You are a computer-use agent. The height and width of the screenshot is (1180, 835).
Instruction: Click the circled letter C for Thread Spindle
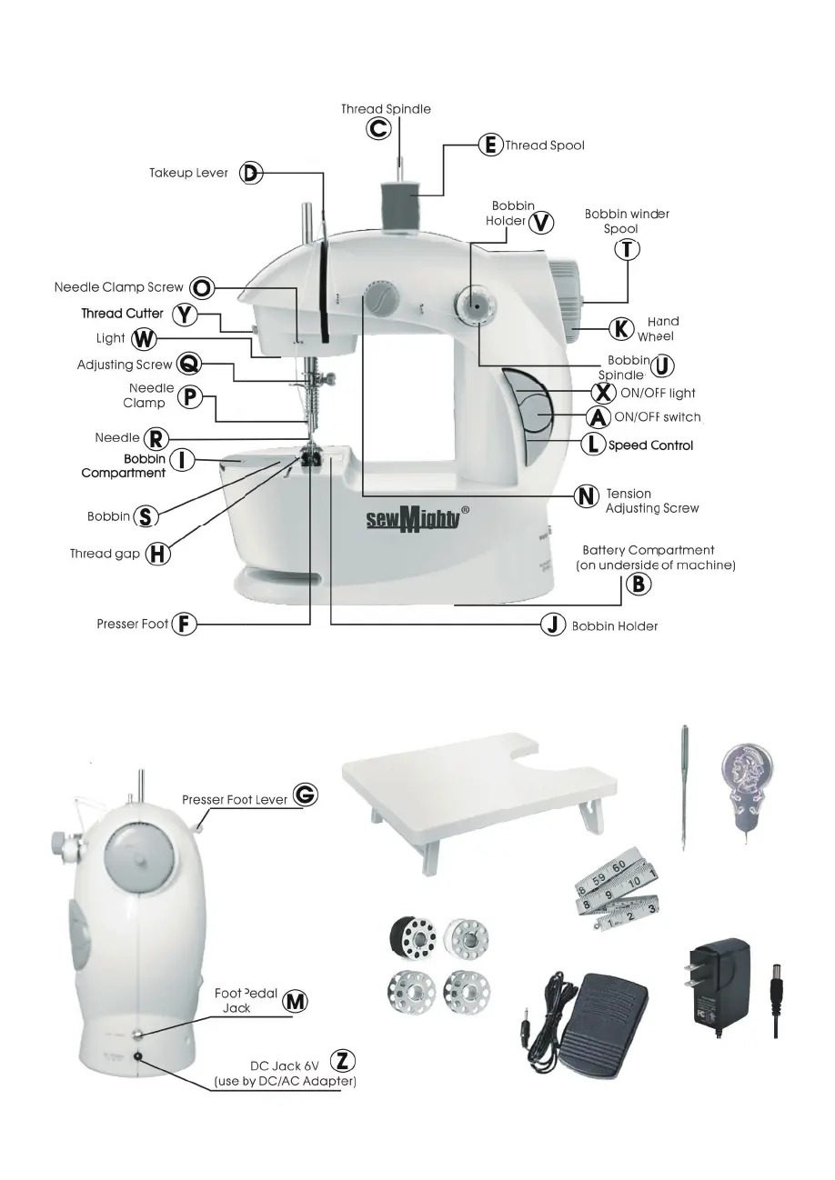[379, 129]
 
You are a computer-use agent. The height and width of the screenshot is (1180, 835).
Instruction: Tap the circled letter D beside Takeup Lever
[252, 174]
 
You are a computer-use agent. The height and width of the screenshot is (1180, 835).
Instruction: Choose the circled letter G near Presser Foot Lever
[306, 794]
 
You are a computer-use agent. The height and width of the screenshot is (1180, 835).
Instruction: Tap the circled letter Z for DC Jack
[342, 1060]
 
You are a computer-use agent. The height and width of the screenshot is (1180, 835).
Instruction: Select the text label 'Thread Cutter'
[122, 314]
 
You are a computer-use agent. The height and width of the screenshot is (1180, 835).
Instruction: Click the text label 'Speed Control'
[650, 445]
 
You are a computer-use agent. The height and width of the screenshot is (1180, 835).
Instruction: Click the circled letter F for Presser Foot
[185, 625]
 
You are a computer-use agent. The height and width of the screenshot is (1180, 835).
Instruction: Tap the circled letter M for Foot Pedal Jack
[294, 1001]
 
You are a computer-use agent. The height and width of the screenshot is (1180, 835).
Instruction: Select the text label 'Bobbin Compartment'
[123, 466]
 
